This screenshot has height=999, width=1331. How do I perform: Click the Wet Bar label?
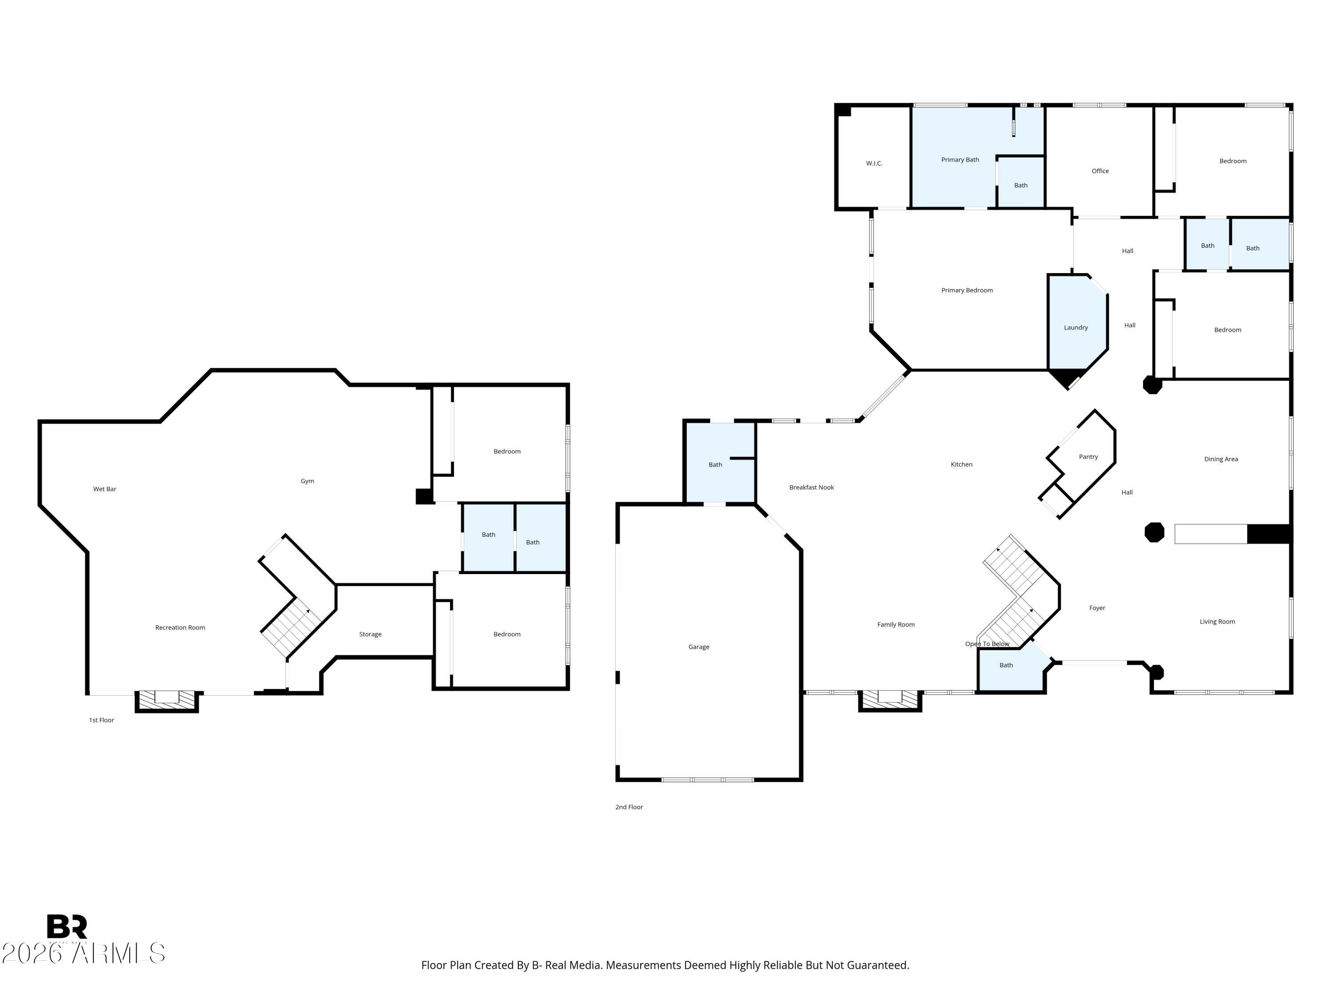104,489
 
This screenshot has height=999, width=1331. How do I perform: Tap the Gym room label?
307,481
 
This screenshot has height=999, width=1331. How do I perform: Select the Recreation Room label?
180,627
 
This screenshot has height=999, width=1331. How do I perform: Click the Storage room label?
370,634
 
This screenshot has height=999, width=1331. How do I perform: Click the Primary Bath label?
960,159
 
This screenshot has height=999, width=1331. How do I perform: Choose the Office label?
1100,171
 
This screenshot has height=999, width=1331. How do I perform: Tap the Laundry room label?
1075,328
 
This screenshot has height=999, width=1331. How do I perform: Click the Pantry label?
1088,456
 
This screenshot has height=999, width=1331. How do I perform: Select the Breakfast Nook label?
811,487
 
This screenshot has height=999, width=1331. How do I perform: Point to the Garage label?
699,647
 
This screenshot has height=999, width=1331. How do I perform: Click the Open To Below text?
987,644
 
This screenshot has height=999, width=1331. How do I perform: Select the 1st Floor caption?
101,720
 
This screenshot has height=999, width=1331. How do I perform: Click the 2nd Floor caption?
629,807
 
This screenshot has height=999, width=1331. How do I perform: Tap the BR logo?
67,928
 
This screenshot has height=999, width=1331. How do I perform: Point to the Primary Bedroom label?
966,290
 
